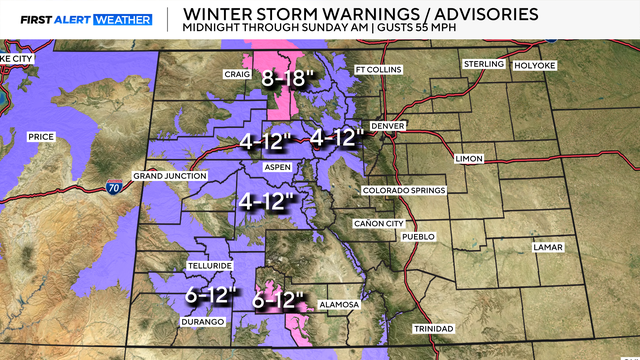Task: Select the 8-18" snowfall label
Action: tap(289, 77)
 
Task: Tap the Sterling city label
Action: tap(484, 64)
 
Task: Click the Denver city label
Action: tap(387, 126)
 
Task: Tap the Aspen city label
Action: tap(277, 168)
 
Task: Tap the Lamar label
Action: tap(548, 246)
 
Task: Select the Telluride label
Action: tap(209, 266)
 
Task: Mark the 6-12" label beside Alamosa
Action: tap(279, 299)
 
